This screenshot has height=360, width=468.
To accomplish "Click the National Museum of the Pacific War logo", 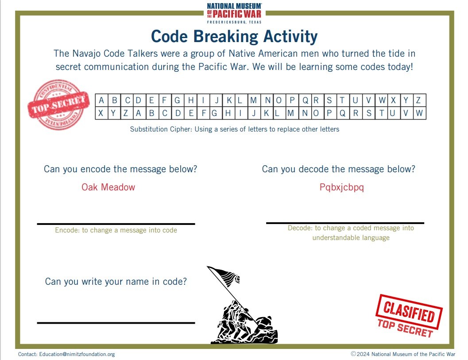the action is [x=234, y=13].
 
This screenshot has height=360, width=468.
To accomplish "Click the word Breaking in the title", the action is [x=225, y=37].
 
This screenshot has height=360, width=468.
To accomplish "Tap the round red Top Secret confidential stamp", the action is [x=58, y=105].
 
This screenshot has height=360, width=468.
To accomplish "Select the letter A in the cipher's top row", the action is [x=101, y=100].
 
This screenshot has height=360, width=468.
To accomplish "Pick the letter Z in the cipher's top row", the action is [x=418, y=100].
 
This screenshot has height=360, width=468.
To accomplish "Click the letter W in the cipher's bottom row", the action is [x=419, y=113].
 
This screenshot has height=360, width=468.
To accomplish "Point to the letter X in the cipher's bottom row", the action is [x=101, y=113].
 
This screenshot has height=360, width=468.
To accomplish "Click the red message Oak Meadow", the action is [x=108, y=187].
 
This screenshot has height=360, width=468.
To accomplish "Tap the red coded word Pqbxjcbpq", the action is [x=342, y=187].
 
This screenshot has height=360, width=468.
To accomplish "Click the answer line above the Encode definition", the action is [x=116, y=224].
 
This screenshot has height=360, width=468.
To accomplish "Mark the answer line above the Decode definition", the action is [x=345, y=223].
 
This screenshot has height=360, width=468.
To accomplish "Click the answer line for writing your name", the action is [x=116, y=323].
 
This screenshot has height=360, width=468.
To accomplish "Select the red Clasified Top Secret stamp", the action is [x=409, y=316].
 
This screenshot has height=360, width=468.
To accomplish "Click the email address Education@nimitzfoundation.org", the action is [x=77, y=354].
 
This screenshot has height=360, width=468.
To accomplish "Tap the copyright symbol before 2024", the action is [x=353, y=354].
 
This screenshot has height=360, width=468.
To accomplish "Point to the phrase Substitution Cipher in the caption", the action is [x=161, y=129].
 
